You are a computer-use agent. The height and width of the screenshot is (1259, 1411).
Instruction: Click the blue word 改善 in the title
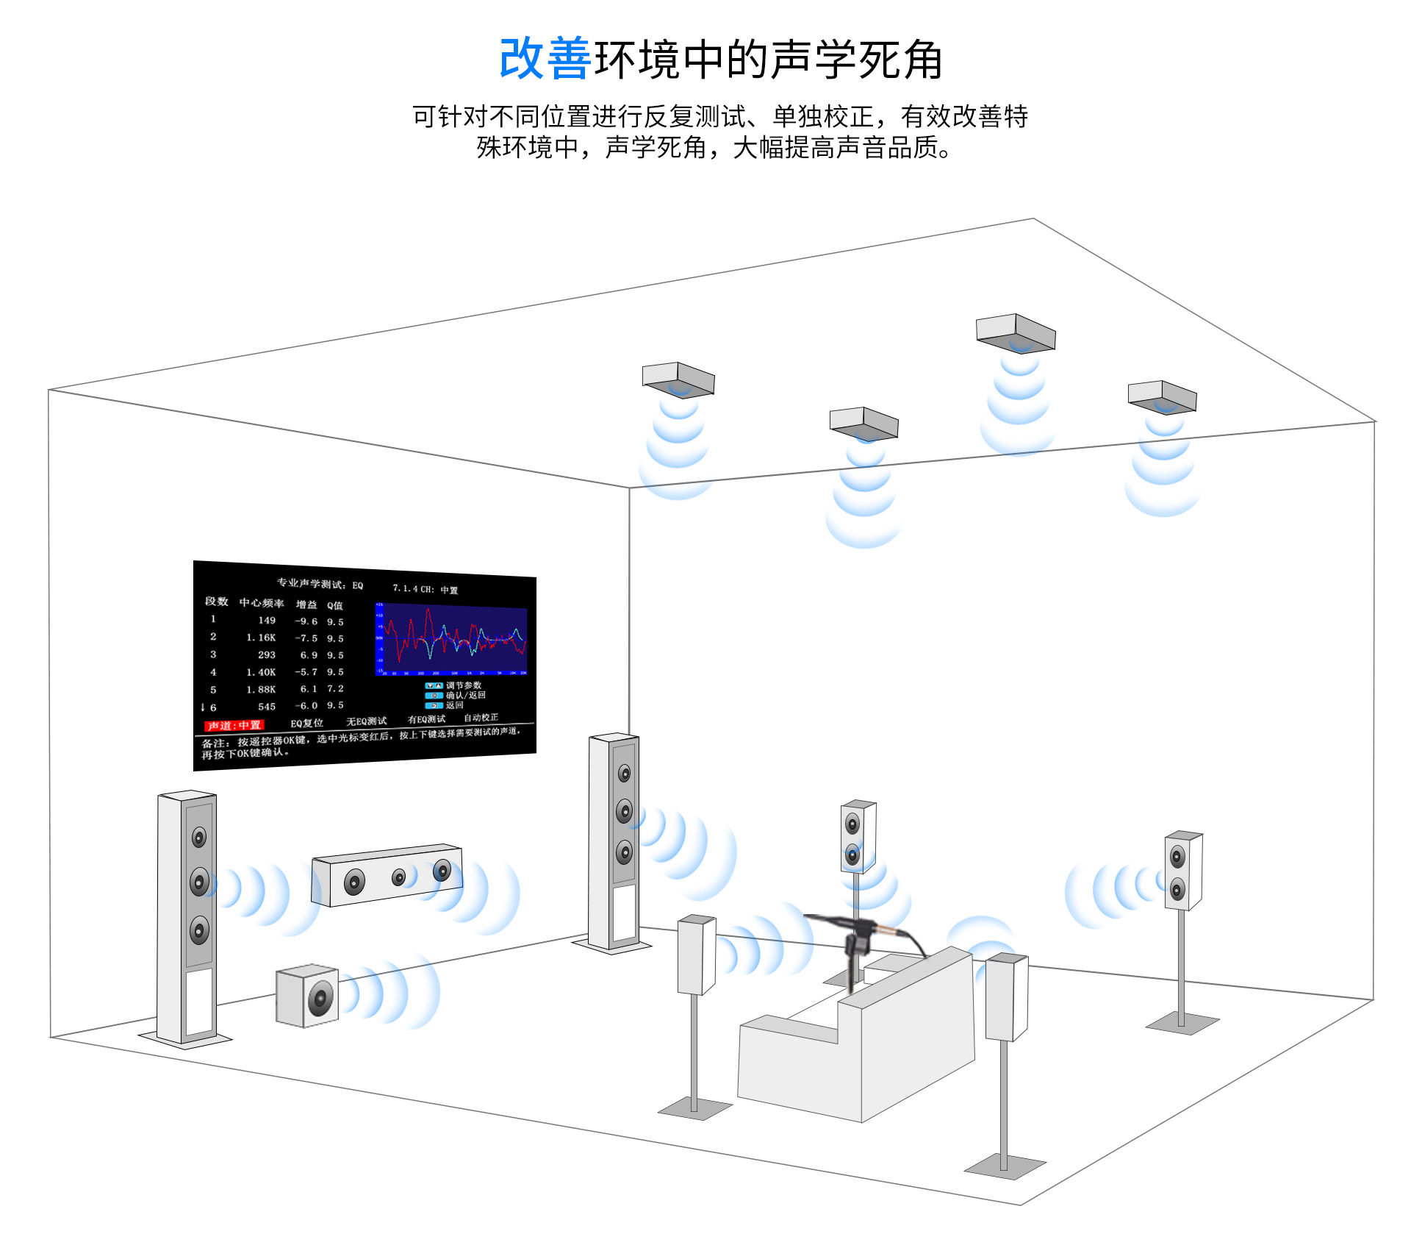[x=545, y=59]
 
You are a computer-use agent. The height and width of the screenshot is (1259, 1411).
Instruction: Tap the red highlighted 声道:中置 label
[x=234, y=725]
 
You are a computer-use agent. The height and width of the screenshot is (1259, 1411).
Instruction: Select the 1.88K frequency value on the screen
[x=261, y=689]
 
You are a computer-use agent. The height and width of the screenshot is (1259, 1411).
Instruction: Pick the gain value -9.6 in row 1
[x=306, y=621]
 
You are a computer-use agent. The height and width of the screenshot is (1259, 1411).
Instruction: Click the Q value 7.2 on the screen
[x=335, y=688]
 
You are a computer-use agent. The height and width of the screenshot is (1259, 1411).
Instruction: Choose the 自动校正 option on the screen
[x=481, y=717]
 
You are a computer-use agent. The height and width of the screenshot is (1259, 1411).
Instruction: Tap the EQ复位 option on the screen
[x=306, y=723]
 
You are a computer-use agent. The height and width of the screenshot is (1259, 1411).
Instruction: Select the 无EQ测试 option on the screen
[x=366, y=721]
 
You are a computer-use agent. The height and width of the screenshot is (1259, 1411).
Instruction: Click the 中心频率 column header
[x=262, y=603]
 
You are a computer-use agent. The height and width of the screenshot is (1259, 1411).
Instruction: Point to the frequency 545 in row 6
[x=266, y=707]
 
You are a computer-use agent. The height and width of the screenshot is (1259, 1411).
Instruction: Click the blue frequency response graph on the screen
[x=452, y=639]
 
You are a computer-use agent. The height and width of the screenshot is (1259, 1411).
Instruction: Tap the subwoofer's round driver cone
[x=320, y=998]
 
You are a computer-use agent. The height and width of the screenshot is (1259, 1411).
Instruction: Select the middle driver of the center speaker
[x=398, y=877]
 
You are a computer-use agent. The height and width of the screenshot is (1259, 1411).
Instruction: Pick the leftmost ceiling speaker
[x=678, y=379]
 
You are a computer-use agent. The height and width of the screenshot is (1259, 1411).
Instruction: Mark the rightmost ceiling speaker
[x=1162, y=396]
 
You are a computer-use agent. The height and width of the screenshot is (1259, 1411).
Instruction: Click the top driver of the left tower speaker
[x=199, y=837]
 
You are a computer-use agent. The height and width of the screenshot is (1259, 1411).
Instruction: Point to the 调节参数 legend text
[x=464, y=685]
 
